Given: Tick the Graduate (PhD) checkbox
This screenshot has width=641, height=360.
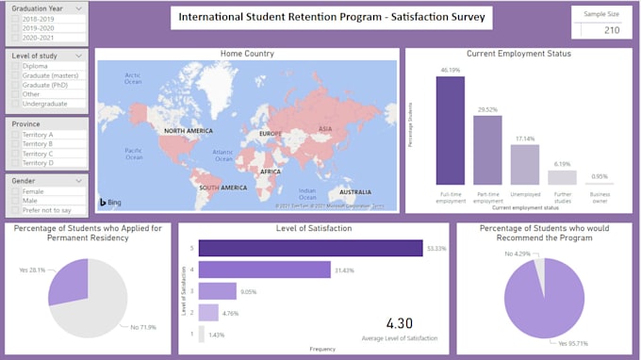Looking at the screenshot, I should coord(14,85).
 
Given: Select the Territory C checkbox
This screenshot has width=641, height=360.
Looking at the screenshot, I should coord(14,153).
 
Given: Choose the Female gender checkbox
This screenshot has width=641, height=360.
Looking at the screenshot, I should coord(14,191).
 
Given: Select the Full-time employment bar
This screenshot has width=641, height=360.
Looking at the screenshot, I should coord(450,130).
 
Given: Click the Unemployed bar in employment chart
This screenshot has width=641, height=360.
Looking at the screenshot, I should coord(524,164).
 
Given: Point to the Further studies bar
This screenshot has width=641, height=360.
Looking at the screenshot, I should coord(562,176).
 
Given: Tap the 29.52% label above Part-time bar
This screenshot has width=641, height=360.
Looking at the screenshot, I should coord(487,109).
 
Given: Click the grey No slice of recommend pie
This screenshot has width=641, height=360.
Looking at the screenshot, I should coord(538,268).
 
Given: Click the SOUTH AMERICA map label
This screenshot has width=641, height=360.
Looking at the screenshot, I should coord(221,188).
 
